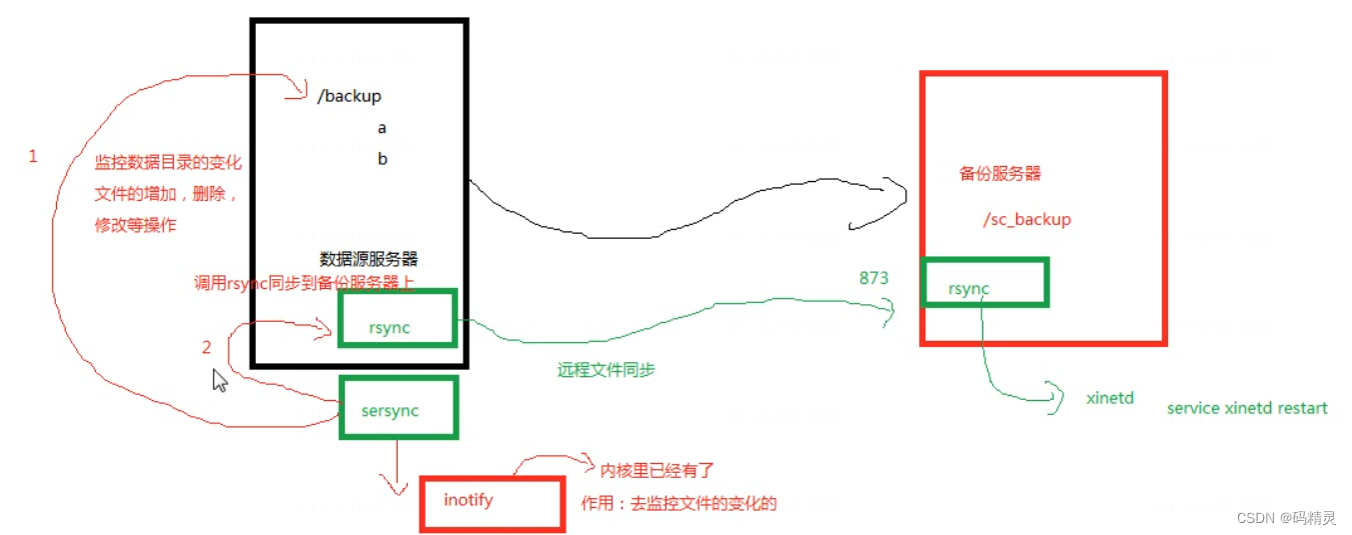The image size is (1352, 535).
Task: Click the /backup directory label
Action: (349, 96)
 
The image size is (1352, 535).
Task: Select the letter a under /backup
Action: (382, 128)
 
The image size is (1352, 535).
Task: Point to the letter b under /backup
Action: (382, 159)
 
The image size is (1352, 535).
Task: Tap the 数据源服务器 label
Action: (369, 258)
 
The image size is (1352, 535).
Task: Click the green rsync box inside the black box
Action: (398, 319)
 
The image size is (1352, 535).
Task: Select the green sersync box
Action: (399, 407)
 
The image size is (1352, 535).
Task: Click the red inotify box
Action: (491, 503)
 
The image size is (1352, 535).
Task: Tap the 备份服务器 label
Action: (999, 173)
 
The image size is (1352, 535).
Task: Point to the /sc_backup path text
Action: (1026, 219)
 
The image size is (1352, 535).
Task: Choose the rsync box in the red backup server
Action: (985, 282)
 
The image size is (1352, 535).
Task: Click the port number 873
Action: (873, 278)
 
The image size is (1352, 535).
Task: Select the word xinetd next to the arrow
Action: (1110, 398)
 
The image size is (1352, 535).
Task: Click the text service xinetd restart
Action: (1247, 408)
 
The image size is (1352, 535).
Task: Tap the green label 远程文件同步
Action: (606, 370)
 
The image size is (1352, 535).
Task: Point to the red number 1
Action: (33, 157)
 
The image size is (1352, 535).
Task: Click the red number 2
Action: (207, 348)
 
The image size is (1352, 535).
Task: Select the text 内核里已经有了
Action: (658, 469)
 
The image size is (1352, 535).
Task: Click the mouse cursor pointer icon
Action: (220, 380)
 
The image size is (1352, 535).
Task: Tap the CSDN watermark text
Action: (1285, 517)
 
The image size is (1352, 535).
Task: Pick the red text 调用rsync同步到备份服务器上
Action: (304, 283)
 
